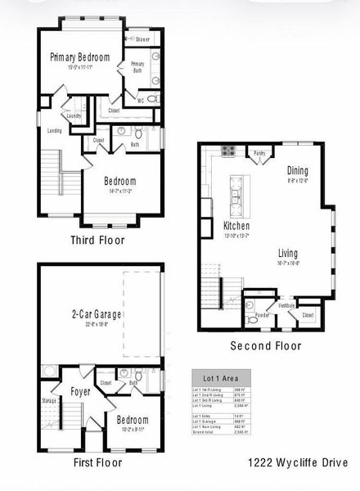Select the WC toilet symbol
point(153,98)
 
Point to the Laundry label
point(74,116)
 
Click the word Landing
point(55,130)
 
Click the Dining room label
point(297,170)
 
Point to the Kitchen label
point(236,225)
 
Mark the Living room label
point(288,253)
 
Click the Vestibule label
point(286,305)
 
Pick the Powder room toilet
point(254,321)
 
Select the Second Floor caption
point(265,345)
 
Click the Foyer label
point(79,391)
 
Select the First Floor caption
point(92,462)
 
